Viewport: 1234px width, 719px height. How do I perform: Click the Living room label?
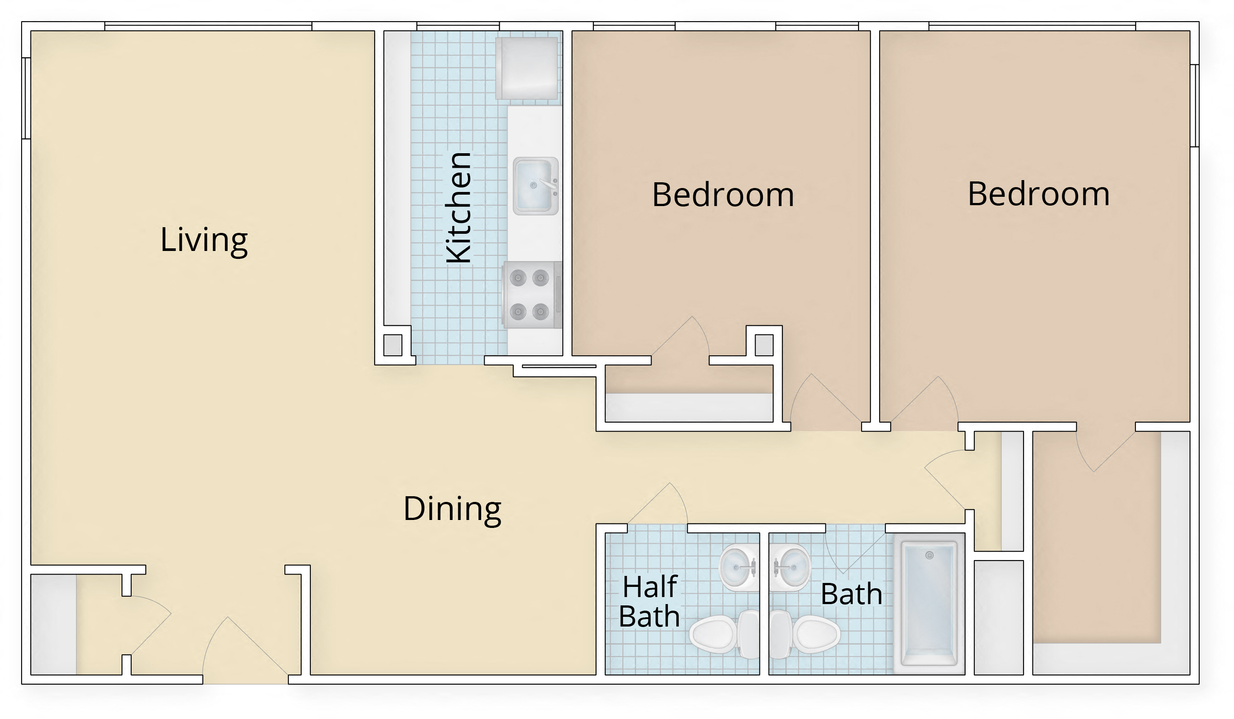tap(204, 240)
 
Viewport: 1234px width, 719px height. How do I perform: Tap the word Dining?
tap(452, 509)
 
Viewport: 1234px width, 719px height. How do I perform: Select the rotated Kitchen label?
tap(459, 208)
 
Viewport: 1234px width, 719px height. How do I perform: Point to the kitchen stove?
tap(532, 295)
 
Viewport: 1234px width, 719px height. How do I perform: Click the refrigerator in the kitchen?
tap(527, 68)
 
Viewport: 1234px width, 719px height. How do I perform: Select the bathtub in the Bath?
tap(928, 604)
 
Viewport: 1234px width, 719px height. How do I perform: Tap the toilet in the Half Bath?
tap(723, 634)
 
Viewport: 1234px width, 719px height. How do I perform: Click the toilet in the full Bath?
tap(805, 634)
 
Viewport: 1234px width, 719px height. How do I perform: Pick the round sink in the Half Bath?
tap(738, 567)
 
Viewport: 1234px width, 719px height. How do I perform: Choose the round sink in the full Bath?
tap(790, 567)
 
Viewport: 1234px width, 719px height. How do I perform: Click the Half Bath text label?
tap(649, 601)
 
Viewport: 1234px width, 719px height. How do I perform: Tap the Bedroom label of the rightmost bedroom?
tap(1038, 194)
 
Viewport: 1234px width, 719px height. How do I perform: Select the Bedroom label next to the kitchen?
tap(723, 195)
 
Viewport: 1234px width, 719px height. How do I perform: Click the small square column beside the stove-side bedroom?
tap(764, 345)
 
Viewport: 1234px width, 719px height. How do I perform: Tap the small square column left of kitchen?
tap(392, 345)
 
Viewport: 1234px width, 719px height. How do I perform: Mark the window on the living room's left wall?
tap(26, 98)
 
